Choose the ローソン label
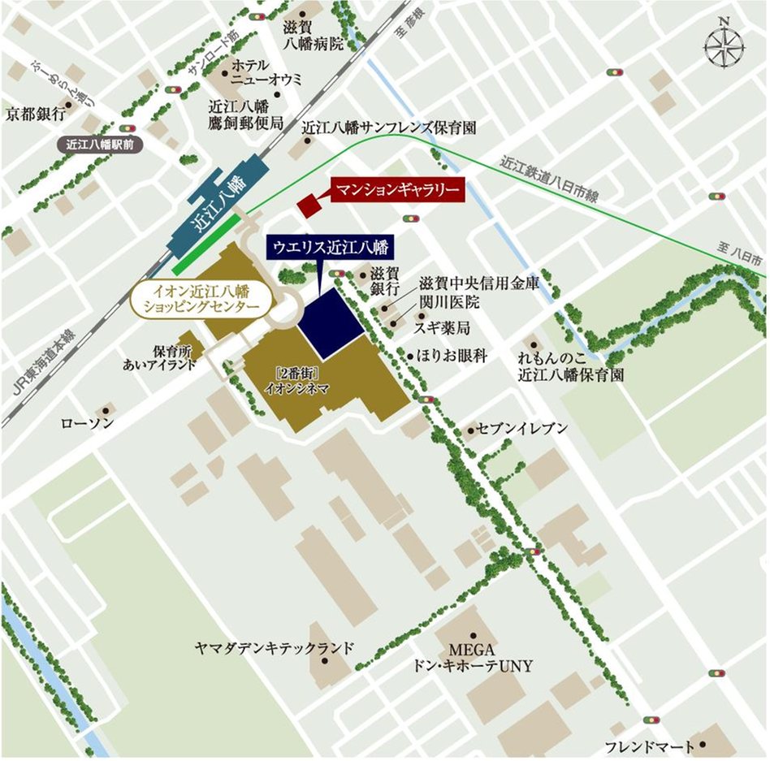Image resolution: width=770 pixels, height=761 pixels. click(x=88, y=423)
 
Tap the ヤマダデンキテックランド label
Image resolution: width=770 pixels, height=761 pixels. click(x=275, y=647)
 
